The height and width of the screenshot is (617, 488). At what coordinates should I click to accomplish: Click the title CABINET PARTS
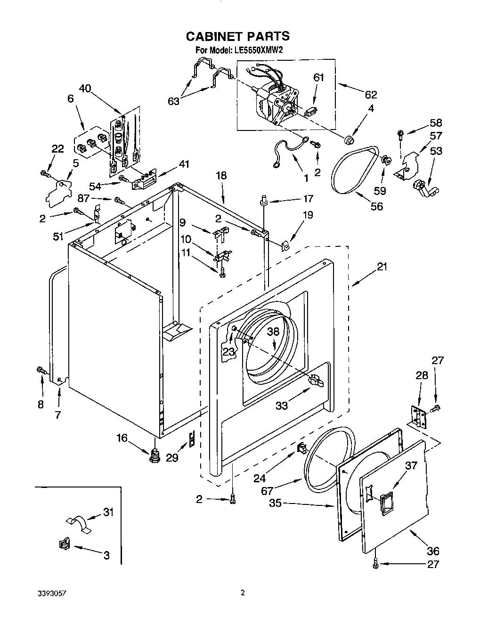click(x=237, y=36)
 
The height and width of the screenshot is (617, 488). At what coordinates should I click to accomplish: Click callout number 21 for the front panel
click(x=382, y=267)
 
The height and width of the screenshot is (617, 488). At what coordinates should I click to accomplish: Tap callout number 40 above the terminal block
click(x=85, y=88)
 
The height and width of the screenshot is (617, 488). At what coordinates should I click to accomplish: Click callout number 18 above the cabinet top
click(x=221, y=175)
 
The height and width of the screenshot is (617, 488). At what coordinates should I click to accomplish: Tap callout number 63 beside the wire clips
click(x=173, y=100)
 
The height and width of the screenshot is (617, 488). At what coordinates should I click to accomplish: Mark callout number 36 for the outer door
click(x=432, y=550)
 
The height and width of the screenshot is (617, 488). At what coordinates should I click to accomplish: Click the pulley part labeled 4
click(x=349, y=139)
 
